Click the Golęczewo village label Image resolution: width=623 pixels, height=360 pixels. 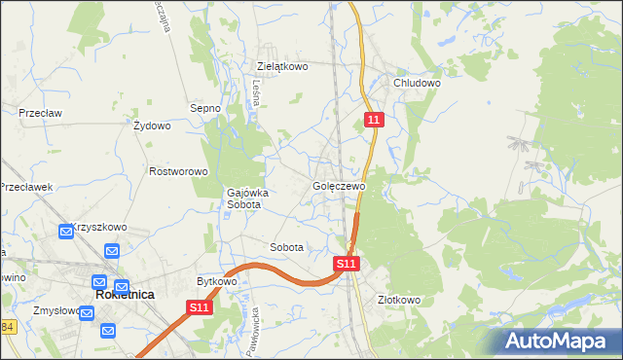coord(339,186)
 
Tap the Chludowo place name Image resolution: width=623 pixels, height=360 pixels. coord(417,84)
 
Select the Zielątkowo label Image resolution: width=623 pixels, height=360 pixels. coord(282,67)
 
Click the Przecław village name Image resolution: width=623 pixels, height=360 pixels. coord(40,113)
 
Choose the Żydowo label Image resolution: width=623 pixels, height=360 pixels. coord(152,126)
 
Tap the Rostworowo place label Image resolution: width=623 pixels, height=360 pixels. coord(179,171)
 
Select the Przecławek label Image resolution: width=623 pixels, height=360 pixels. coord(25,188)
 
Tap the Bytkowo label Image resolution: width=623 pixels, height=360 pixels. coord(217,281)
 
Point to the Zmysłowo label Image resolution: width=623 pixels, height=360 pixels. coord(55,311)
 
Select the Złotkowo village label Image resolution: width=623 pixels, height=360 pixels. coord(399,301)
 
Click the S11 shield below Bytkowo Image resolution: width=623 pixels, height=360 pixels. coord(200,307)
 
